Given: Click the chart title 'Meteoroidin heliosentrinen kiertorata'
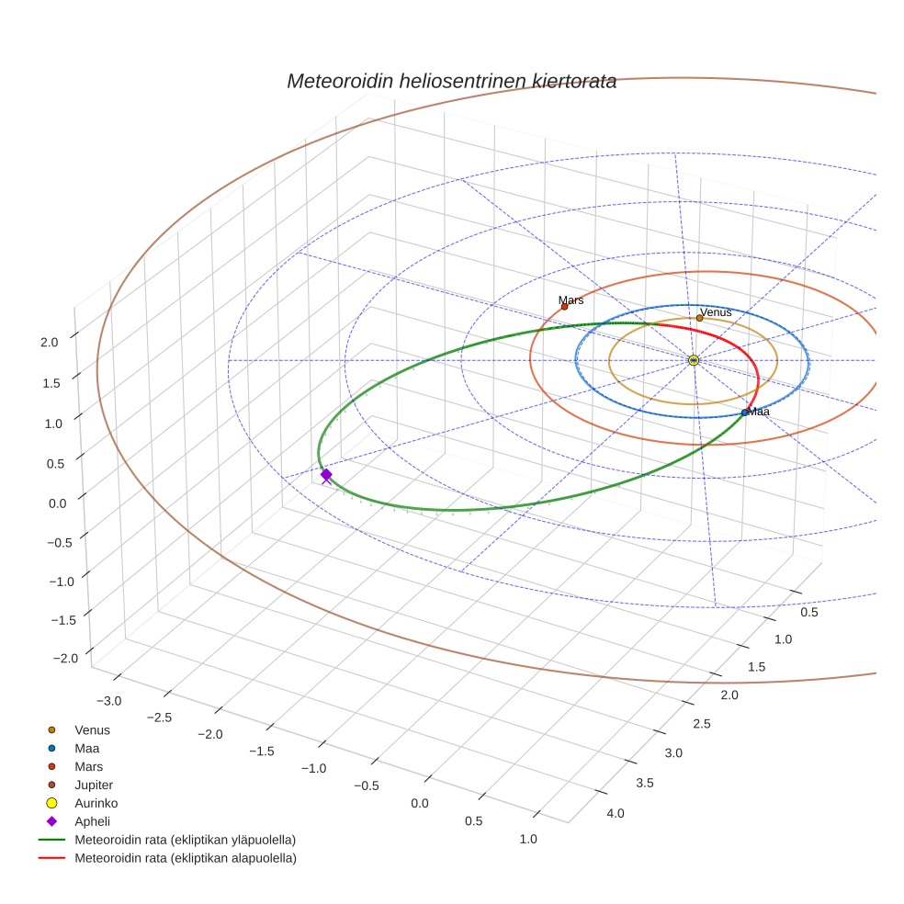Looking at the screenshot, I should (x=451, y=81).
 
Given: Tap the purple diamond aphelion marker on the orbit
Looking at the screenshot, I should (x=326, y=474).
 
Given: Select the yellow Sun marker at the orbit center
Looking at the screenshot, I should (x=694, y=360).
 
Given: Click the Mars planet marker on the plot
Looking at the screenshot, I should (x=564, y=307).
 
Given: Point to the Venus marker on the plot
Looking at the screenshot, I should (x=700, y=318).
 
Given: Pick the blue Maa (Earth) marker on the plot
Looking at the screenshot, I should (x=744, y=412).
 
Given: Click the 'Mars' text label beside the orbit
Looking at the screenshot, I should (x=571, y=299).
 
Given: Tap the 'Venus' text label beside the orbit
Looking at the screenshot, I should (x=716, y=312).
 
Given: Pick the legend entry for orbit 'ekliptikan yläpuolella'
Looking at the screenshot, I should (x=185, y=840).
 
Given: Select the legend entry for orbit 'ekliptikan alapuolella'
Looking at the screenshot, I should (x=185, y=858).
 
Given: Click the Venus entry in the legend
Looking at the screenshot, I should (x=92, y=729).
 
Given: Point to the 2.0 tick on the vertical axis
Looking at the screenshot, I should (x=50, y=342).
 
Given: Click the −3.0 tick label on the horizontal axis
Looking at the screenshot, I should (x=108, y=701).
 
